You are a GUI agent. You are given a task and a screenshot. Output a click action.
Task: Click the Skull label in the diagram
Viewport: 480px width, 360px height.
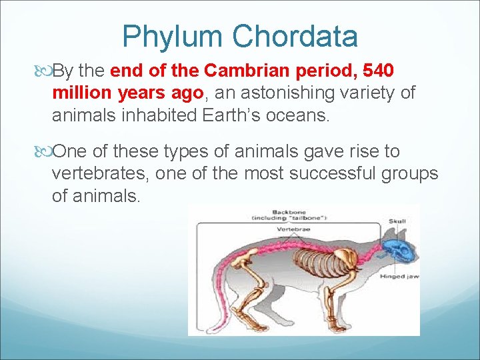pos(398,221)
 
